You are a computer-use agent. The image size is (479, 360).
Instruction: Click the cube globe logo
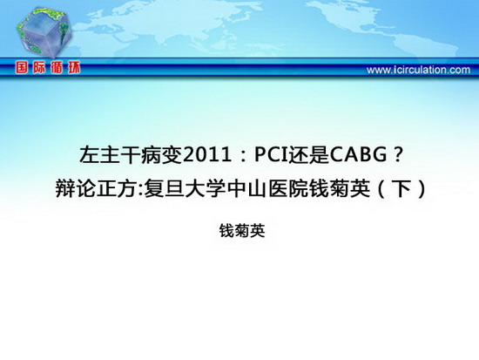[x=44, y=32]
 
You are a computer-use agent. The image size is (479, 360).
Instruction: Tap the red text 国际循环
[x=48, y=68]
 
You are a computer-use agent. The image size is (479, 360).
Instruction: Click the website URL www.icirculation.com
[x=418, y=70]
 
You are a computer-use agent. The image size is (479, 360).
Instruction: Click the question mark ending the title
[x=397, y=155]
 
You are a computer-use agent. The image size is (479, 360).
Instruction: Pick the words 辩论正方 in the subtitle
[x=97, y=189]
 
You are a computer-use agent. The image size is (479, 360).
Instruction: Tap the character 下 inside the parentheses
[x=402, y=189]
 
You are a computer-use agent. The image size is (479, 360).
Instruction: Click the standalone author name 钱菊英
[x=242, y=231]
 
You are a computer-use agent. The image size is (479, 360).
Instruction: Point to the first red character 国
[x=23, y=68]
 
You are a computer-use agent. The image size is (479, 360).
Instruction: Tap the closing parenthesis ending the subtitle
[x=422, y=189]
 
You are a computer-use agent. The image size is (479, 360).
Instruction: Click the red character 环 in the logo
[x=74, y=68]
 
